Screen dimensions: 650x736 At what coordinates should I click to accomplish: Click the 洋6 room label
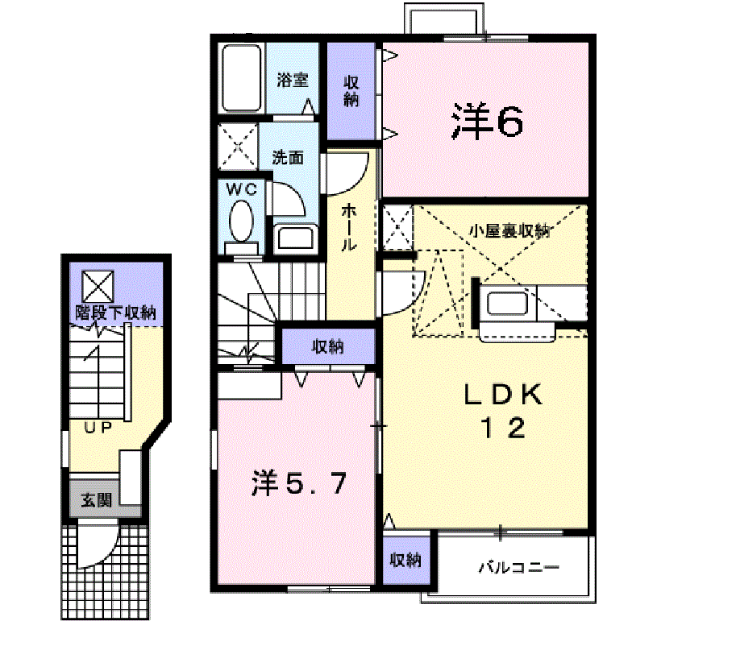(x=488, y=122)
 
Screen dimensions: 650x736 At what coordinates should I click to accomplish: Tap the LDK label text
(x=505, y=394)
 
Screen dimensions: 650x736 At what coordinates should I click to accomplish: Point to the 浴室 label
(x=293, y=80)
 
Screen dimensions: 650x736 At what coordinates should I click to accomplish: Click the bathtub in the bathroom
(x=241, y=79)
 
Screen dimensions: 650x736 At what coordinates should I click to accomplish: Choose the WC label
(x=241, y=189)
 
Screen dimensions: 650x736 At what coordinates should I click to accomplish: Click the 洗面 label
(x=287, y=157)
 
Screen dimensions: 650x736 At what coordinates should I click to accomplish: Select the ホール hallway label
(x=350, y=228)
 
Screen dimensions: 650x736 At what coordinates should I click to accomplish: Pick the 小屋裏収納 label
(x=509, y=231)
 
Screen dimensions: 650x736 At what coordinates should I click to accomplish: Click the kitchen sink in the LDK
(x=506, y=304)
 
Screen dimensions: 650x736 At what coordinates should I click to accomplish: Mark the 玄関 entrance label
(x=96, y=501)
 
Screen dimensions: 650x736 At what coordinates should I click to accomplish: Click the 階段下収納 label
(x=116, y=313)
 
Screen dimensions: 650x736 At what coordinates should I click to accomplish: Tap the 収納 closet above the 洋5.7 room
(x=328, y=346)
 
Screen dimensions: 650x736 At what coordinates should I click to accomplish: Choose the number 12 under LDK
(x=505, y=427)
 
